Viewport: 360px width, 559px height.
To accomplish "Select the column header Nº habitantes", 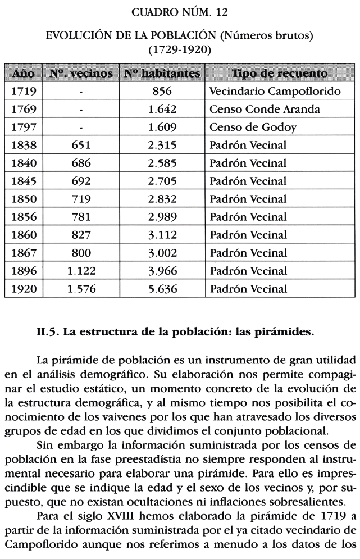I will (x=162, y=74).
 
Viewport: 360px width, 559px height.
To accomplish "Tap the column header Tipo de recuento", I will (x=280, y=74).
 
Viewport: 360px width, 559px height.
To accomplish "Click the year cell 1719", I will (x=24, y=91).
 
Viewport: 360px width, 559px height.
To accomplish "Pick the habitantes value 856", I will (x=162, y=91).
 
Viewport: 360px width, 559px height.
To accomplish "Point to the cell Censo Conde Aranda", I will (x=263, y=109).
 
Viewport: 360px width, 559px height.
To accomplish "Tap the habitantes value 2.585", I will (x=162, y=163).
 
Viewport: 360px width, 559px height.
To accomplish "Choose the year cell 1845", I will (x=24, y=181).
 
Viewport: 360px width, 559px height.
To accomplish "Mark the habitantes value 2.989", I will (x=162, y=217).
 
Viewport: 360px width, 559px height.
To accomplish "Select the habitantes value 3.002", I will (x=162, y=253).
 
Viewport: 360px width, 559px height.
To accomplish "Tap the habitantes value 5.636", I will (x=162, y=289).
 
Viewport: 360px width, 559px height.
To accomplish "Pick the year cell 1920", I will (x=24, y=289).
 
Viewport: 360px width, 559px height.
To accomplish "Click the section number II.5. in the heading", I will (x=47, y=331).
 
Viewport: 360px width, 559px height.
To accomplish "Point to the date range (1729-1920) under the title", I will (x=180, y=49).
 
